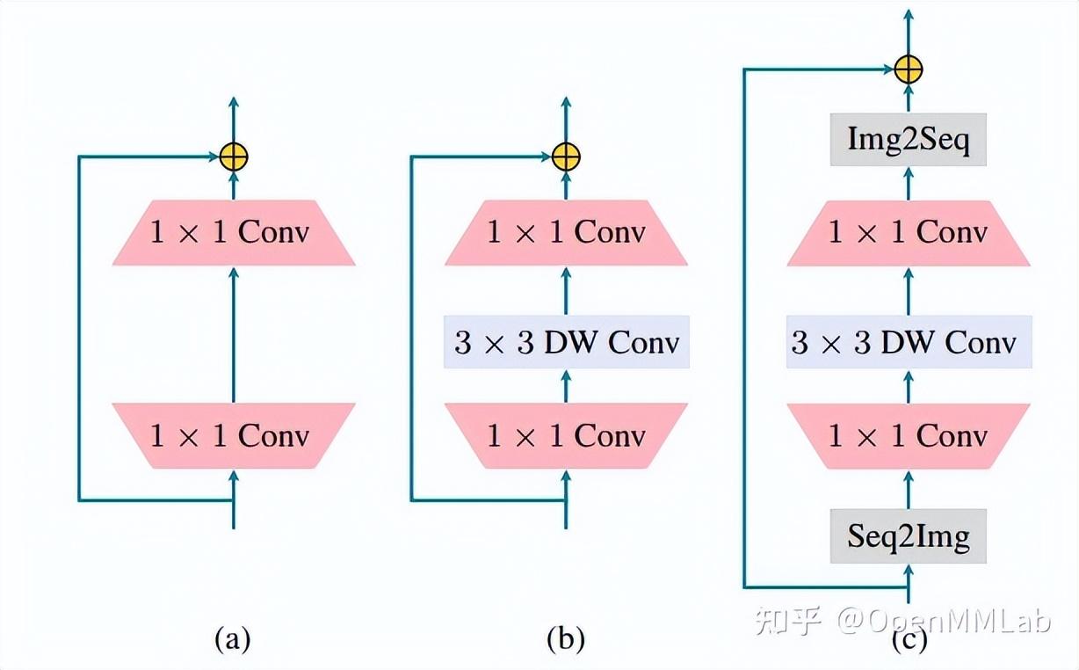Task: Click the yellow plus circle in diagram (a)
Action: pyautogui.click(x=234, y=157)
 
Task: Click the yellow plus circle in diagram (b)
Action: pyautogui.click(x=566, y=157)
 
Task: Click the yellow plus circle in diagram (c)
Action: pyautogui.click(x=909, y=69)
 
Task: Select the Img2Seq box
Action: pyautogui.click(x=909, y=140)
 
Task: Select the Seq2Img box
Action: pyautogui.click(x=909, y=536)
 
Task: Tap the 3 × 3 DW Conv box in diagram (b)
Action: pyautogui.click(x=567, y=343)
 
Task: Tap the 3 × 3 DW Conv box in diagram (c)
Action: pyautogui.click(x=909, y=343)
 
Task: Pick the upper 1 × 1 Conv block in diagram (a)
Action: pyautogui.click(x=234, y=233)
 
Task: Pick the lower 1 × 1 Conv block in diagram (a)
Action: pyautogui.click(x=234, y=435)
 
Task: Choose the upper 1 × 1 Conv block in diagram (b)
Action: pyautogui.click(x=566, y=233)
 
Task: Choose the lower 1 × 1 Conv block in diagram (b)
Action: pyautogui.click(x=566, y=435)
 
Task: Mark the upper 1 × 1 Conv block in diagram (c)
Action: pyautogui.click(x=909, y=233)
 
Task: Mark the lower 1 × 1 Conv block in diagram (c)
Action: pyautogui.click(x=909, y=435)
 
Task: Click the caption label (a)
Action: pyautogui.click(x=233, y=639)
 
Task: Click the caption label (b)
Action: pyautogui.click(x=565, y=639)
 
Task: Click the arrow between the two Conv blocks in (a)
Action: pyautogui.click(x=234, y=334)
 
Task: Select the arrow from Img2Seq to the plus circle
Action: pyautogui.click(x=909, y=98)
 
